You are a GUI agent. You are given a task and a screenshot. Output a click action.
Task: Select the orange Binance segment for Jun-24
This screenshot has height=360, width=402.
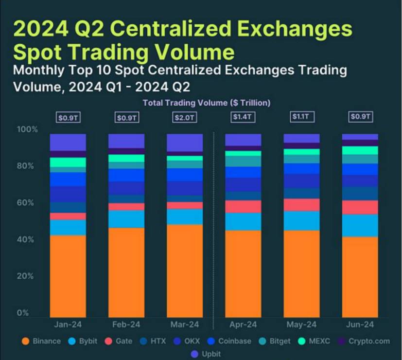click(x=360, y=277)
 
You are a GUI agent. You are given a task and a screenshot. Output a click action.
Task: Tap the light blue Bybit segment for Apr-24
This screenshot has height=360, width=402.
click(x=243, y=221)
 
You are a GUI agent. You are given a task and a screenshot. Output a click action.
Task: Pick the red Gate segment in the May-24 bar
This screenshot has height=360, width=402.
click(x=301, y=205)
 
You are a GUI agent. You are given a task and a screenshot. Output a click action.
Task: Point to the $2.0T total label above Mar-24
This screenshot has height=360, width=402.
click(x=184, y=117)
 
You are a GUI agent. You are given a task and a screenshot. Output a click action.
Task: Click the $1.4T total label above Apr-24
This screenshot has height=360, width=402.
click(x=243, y=117)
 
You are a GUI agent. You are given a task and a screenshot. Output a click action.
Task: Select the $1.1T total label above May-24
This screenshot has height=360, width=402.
click(x=301, y=117)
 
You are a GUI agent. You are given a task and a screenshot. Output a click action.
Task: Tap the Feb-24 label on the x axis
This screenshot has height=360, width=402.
click(x=126, y=324)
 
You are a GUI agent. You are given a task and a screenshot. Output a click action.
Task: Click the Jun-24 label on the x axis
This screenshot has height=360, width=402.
click(x=360, y=324)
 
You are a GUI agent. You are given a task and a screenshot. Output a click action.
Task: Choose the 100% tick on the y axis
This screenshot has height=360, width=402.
click(x=27, y=129)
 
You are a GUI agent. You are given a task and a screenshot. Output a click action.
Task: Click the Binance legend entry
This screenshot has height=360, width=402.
click(x=42, y=341)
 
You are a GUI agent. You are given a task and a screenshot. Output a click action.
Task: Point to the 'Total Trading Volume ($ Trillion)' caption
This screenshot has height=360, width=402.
click(x=206, y=103)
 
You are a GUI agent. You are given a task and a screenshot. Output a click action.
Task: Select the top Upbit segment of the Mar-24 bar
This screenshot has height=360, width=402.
click(x=184, y=143)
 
